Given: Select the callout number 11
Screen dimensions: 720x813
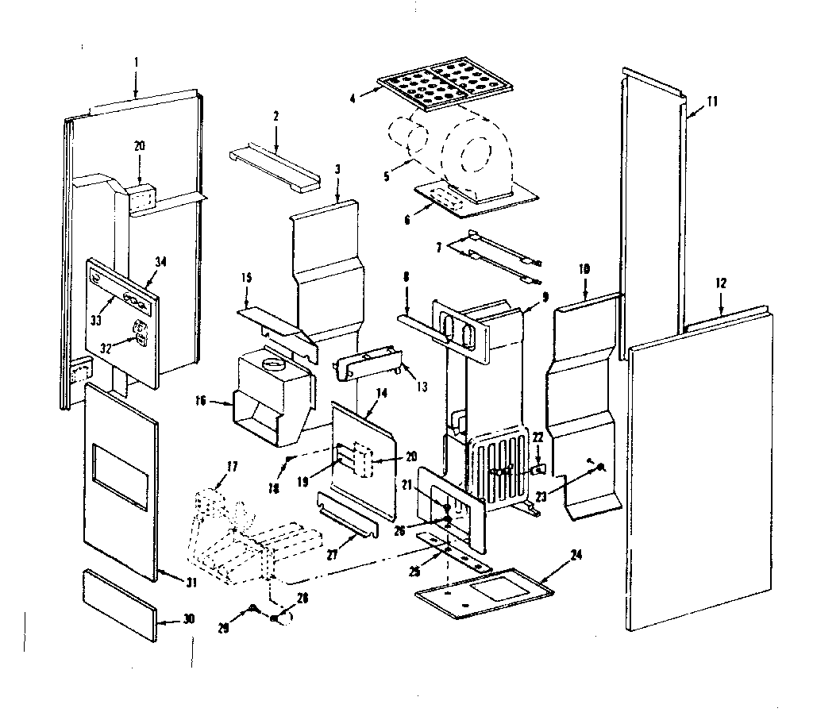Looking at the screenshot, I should pos(711,100).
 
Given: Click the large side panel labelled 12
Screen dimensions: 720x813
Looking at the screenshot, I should pos(699,476).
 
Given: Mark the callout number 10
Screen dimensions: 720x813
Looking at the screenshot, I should pos(584,271).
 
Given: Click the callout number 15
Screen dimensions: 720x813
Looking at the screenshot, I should pos(246,277).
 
